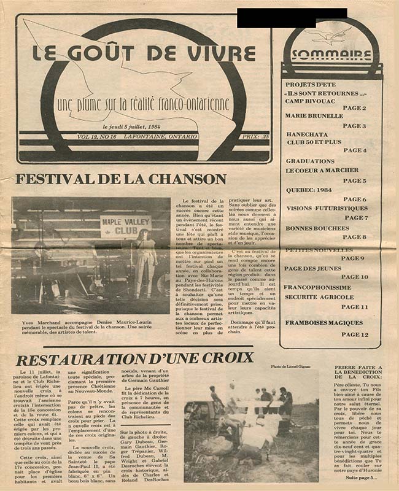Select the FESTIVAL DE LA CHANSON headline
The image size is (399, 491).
[x=121, y=180]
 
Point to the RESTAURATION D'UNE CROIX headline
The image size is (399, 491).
[x=135, y=357]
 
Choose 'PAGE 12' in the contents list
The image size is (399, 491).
[x=355, y=334]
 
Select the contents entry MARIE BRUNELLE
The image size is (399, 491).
[x=314, y=115]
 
